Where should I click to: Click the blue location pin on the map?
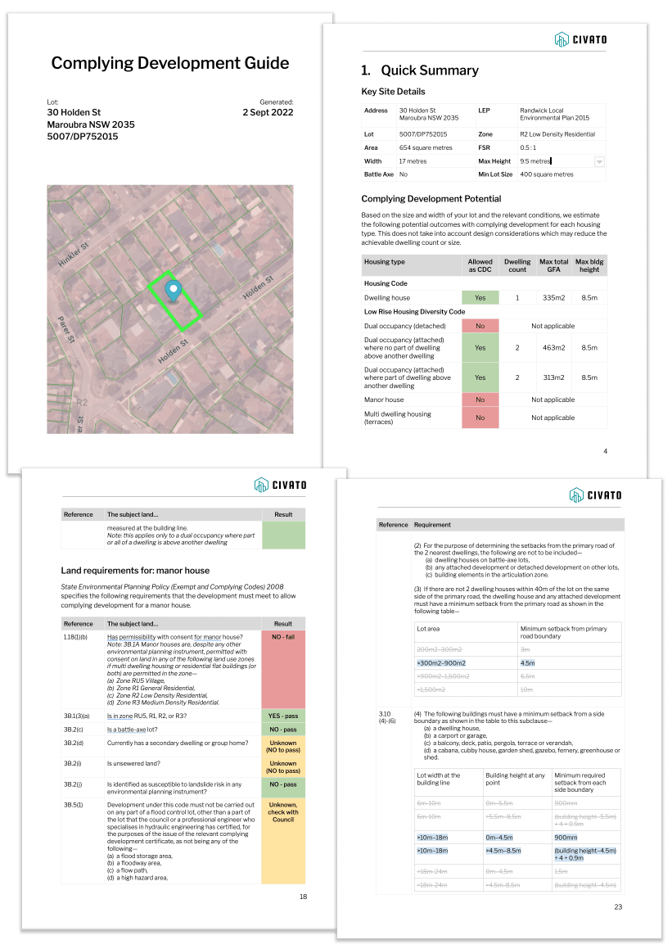[x=173, y=290]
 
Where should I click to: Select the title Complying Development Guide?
[x=170, y=63]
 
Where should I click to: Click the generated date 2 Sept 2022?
[x=268, y=113]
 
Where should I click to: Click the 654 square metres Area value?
[x=426, y=148]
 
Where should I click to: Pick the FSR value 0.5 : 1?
[x=531, y=148]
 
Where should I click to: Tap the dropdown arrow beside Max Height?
[x=599, y=162]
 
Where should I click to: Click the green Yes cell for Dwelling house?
[x=480, y=298]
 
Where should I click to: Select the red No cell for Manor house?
[x=480, y=400]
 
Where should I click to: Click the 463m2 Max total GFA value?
[x=554, y=348]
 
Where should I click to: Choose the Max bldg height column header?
[x=589, y=265]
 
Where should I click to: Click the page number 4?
[x=605, y=451]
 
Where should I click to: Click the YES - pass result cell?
[x=282, y=716]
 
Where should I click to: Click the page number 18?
[x=303, y=897]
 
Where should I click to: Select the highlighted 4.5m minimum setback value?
[x=528, y=662]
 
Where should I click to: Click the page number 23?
[x=618, y=906]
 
